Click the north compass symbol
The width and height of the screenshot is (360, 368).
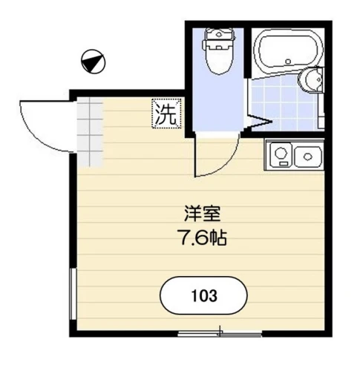[94, 62]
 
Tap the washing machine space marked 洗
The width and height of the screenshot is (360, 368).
[166, 114]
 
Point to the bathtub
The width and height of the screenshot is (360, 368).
[289, 51]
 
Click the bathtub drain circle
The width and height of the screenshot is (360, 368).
[288, 61]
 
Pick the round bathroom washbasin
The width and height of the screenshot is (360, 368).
[311, 79]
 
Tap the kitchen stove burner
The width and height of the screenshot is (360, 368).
[281, 154]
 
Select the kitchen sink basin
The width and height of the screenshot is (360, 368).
[308, 157]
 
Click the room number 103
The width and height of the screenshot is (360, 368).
[204, 295]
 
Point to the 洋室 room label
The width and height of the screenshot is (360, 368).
[202, 214]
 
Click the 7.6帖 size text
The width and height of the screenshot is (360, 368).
[202, 237]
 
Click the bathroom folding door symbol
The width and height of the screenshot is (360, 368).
[258, 121]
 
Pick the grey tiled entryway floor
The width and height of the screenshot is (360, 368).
[90, 132]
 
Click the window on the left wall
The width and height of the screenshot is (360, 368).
[73, 294]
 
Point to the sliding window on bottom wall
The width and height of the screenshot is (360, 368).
[220, 334]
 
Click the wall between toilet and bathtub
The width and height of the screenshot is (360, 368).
[247, 53]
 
